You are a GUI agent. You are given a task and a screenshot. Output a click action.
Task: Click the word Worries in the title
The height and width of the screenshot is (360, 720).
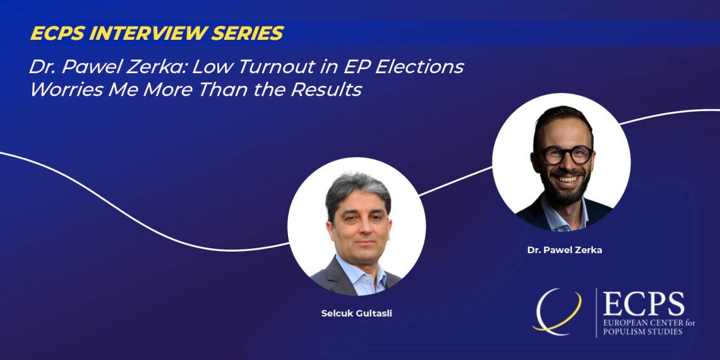point(66,90)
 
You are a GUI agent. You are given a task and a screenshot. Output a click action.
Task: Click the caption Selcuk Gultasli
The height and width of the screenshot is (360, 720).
point(357,315)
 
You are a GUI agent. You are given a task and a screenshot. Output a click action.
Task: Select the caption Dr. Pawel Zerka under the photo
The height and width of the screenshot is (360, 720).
point(565,251)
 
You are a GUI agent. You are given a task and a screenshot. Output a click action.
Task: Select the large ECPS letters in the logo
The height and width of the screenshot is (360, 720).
point(644,304)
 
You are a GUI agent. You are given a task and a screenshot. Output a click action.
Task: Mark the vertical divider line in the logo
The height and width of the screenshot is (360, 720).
point(596,313)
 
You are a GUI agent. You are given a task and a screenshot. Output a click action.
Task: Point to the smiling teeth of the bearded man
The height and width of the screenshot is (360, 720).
point(567,179)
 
